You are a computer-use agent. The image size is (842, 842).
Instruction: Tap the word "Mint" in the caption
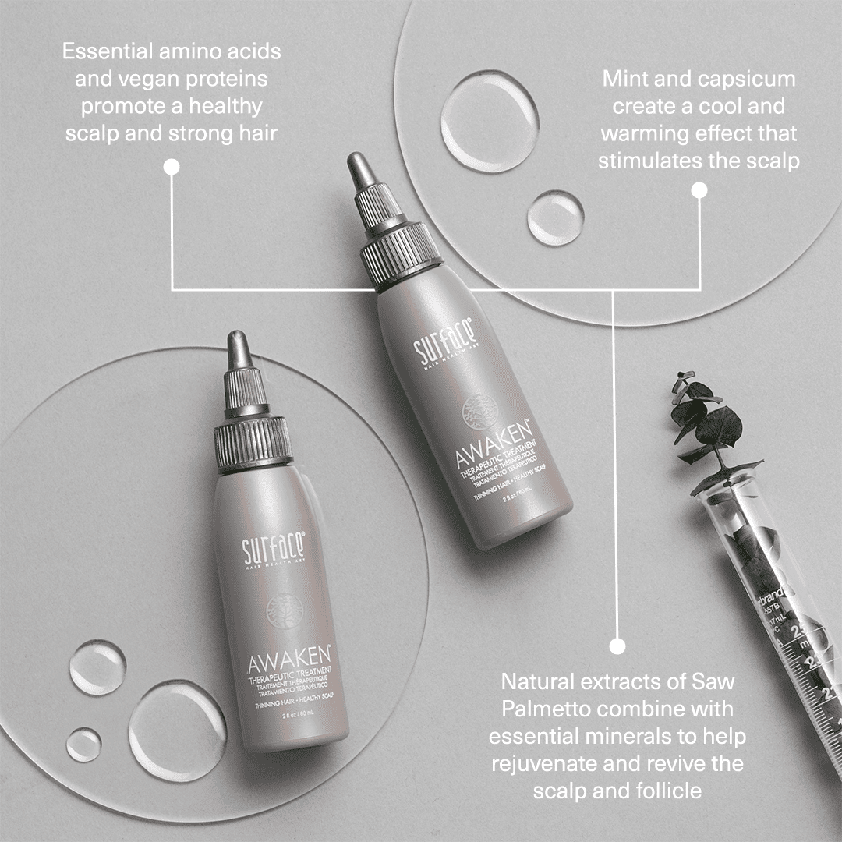click(x=623, y=80)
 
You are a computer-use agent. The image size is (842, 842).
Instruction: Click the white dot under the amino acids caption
click(x=172, y=166)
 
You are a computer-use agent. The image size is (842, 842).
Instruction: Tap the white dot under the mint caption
click(x=699, y=189)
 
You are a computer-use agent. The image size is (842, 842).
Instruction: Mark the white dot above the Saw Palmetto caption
click(x=617, y=646)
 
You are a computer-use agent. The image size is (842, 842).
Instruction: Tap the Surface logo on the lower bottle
click(x=273, y=549)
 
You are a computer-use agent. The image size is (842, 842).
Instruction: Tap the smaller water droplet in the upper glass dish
click(x=555, y=217)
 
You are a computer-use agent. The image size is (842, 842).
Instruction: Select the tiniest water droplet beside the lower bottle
click(x=83, y=744)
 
